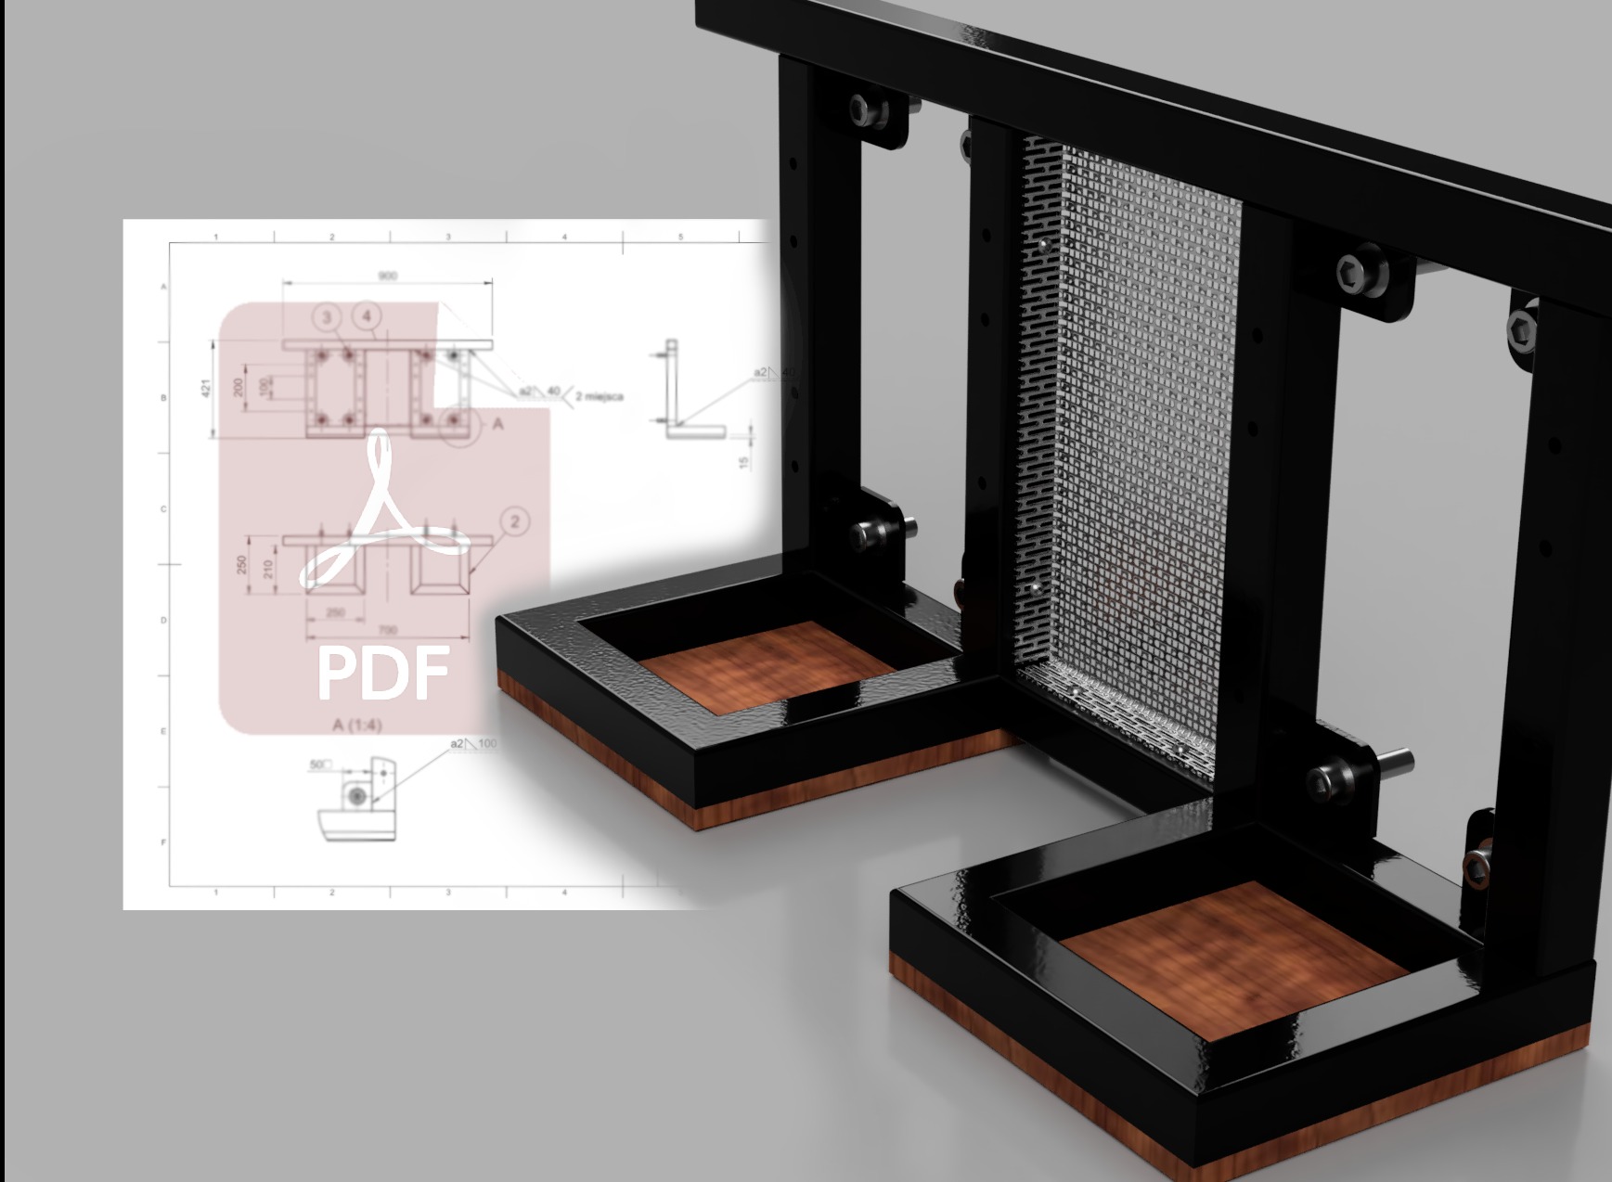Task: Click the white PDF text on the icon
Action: [382, 673]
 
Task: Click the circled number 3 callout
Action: [327, 318]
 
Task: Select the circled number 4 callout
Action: [368, 316]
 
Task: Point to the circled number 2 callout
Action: [515, 521]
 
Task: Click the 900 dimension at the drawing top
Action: [388, 276]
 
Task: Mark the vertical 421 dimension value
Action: [208, 387]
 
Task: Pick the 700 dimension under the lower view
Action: [388, 631]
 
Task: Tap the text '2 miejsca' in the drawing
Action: [600, 396]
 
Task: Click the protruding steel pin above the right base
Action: [1397, 761]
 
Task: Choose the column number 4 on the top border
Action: [564, 238]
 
